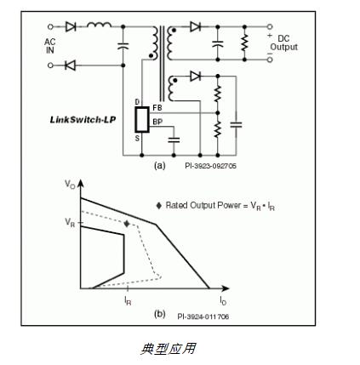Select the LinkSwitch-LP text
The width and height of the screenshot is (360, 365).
[77, 119]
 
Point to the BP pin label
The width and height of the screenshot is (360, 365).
[157, 122]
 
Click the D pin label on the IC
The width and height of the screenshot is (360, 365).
[140, 103]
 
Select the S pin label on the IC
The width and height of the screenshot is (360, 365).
[140, 137]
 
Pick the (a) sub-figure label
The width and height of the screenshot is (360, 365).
[159, 166]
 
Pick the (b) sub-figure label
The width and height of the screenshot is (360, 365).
[159, 316]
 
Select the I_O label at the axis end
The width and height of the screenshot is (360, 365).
[223, 299]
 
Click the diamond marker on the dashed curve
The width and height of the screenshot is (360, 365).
[127, 223]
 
